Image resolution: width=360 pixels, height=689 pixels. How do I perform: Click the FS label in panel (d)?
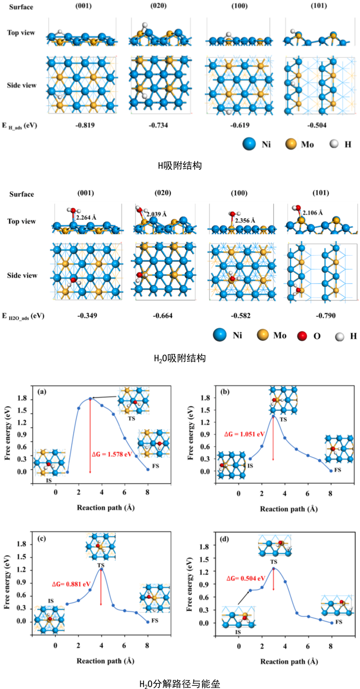pyautogui.click(x=338, y=622)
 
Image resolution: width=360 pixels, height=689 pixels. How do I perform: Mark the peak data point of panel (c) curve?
pyautogui.click(x=101, y=569)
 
